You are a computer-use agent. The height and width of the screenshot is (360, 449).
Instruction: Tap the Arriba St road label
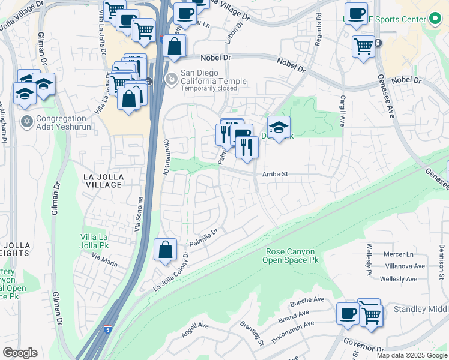click(275, 175)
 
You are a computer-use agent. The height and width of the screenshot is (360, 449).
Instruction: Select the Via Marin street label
click(104, 259)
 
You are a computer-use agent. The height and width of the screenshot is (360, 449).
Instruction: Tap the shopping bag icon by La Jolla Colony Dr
click(165, 250)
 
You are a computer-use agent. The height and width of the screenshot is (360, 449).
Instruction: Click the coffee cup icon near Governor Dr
click(348, 313)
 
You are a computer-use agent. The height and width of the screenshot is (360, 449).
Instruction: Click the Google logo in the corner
click(20, 353)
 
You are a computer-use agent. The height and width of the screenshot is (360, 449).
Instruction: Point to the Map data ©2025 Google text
click(412, 355)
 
